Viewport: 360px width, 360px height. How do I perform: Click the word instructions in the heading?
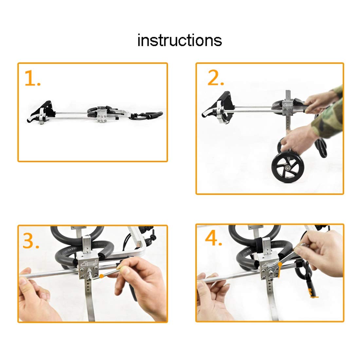(x=180, y=40)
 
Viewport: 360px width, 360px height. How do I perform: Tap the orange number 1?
(x=32, y=79)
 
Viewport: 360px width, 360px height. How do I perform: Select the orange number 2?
(x=215, y=78)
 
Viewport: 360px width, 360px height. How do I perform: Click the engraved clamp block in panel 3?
(x=88, y=267)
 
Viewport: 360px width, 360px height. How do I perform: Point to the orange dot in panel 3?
(x=101, y=276)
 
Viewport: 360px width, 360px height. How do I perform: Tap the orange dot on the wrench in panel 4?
(x=280, y=264)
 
